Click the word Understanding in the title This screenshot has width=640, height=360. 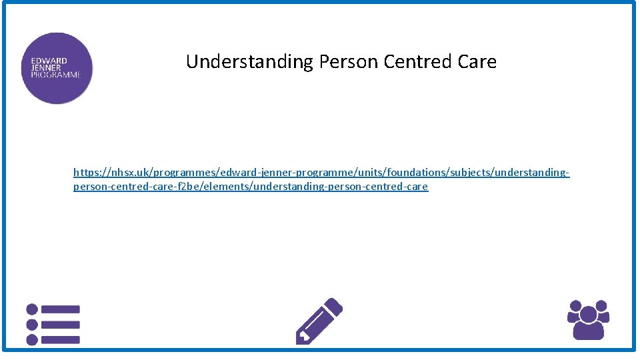click(x=249, y=62)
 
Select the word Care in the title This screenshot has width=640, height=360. click(x=477, y=62)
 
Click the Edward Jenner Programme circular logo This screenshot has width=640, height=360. click(x=57, y=68)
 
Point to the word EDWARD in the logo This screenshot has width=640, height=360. click(x=49, y=61)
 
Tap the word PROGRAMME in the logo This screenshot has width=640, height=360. click(x=56, y=75)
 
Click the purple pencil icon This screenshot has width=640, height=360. click(x=319, y=321)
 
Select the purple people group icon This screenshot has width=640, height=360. click(x=588, y=320)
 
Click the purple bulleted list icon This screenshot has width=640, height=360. click(x=53, y=325)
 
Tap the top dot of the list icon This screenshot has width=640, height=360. click(x=32, y=309)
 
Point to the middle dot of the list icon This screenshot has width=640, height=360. click(x=32, y=325)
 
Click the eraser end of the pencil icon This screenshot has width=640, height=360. click(x=335, y=305)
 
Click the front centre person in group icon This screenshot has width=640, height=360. click(x=588, y=325)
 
